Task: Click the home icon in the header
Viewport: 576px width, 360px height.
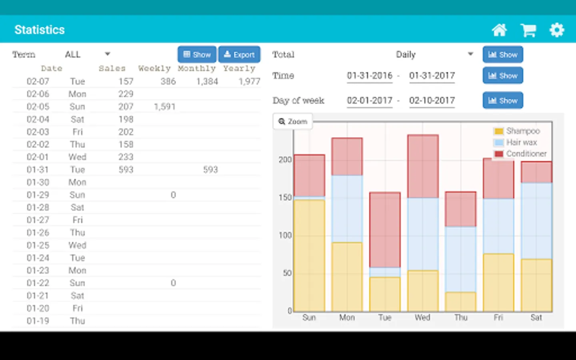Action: [499, 30]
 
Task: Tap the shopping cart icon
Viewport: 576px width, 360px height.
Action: [528, 30]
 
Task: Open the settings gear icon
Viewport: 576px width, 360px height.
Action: [557, 30]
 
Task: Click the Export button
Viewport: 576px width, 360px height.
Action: [239, 54]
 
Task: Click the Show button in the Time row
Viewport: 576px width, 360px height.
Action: [503, 76]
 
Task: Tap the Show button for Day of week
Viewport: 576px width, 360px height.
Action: [503, 100]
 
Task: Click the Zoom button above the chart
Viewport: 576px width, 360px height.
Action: [293, 122]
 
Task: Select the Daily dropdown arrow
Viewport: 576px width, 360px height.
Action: [470, 54]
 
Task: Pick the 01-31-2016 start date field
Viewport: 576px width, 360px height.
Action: [370, 76]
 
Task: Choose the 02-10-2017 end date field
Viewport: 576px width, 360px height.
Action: [432, 101]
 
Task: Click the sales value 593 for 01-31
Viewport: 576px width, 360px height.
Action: [126, 170]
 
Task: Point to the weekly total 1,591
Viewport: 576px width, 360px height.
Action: [165, 107]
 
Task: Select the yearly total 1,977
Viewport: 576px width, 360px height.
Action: [249, 82]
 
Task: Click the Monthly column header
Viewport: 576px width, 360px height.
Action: [197, 68]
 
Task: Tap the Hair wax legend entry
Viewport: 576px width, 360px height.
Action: [521, 142]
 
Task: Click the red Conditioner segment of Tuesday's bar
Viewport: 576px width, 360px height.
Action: [385, 230]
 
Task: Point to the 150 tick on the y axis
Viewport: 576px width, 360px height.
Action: [285, 198]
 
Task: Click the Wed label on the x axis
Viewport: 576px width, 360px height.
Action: [422, 318]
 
